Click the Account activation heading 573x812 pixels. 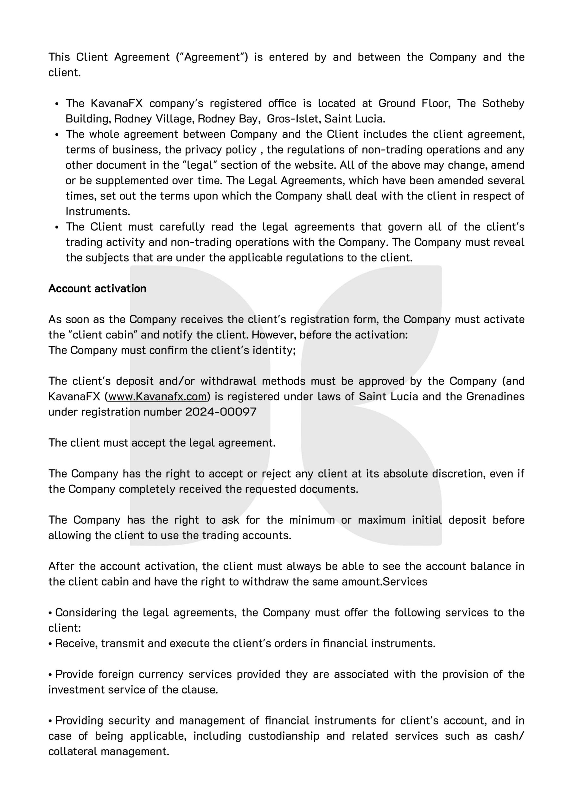coord(97,289)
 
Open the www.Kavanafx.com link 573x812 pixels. coord(157,396)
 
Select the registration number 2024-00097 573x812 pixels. coord(221,412)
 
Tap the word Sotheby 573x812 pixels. coord(503,103)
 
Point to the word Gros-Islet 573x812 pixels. coord(294,119)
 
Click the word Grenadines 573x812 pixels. coord(495,396)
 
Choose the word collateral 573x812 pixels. coord(73,751)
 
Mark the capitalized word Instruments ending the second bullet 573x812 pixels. coord(98,212)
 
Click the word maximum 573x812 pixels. coord(382,520)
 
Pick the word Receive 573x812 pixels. coord(76,643)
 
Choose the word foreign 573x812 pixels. coord(116,674)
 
